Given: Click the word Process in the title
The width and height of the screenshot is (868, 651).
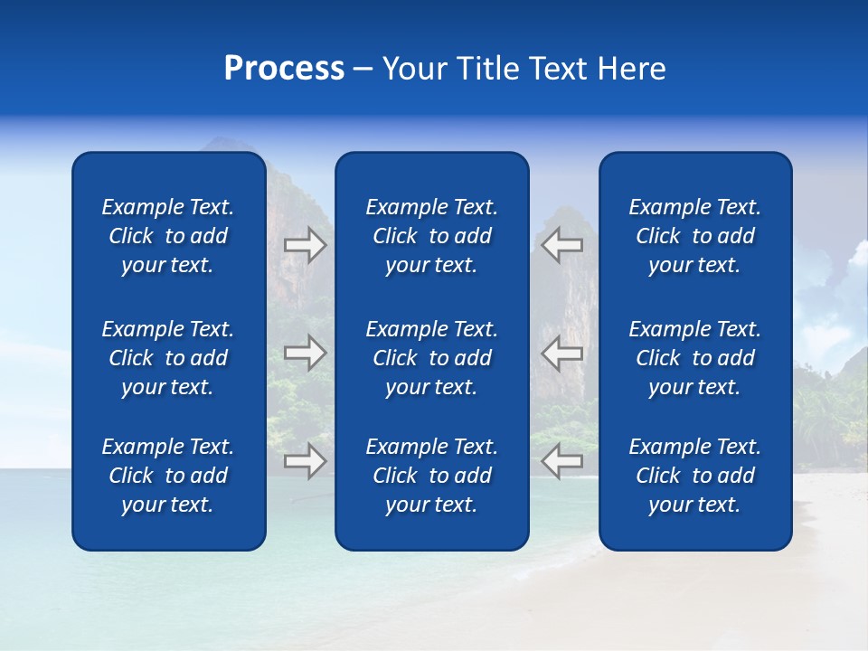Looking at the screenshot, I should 284,69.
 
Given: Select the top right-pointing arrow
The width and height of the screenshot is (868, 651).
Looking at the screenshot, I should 305,244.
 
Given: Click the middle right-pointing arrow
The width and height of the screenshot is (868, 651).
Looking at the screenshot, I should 305,353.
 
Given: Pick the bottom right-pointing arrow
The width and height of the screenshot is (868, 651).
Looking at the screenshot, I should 305,461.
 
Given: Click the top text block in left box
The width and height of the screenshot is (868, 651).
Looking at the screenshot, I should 168,236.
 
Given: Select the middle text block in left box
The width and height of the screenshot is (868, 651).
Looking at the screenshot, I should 168,358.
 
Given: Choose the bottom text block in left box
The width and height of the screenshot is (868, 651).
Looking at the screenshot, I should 168,476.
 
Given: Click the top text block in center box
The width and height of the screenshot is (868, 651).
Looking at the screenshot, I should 431,236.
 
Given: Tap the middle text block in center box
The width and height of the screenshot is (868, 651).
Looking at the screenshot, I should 431,358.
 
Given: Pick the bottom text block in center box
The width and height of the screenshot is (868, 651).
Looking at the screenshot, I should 431,476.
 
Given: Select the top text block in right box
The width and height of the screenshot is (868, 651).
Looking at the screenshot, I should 694,236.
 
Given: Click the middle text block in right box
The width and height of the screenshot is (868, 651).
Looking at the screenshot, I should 694,358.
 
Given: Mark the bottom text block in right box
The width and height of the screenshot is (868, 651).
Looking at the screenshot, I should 694,476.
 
